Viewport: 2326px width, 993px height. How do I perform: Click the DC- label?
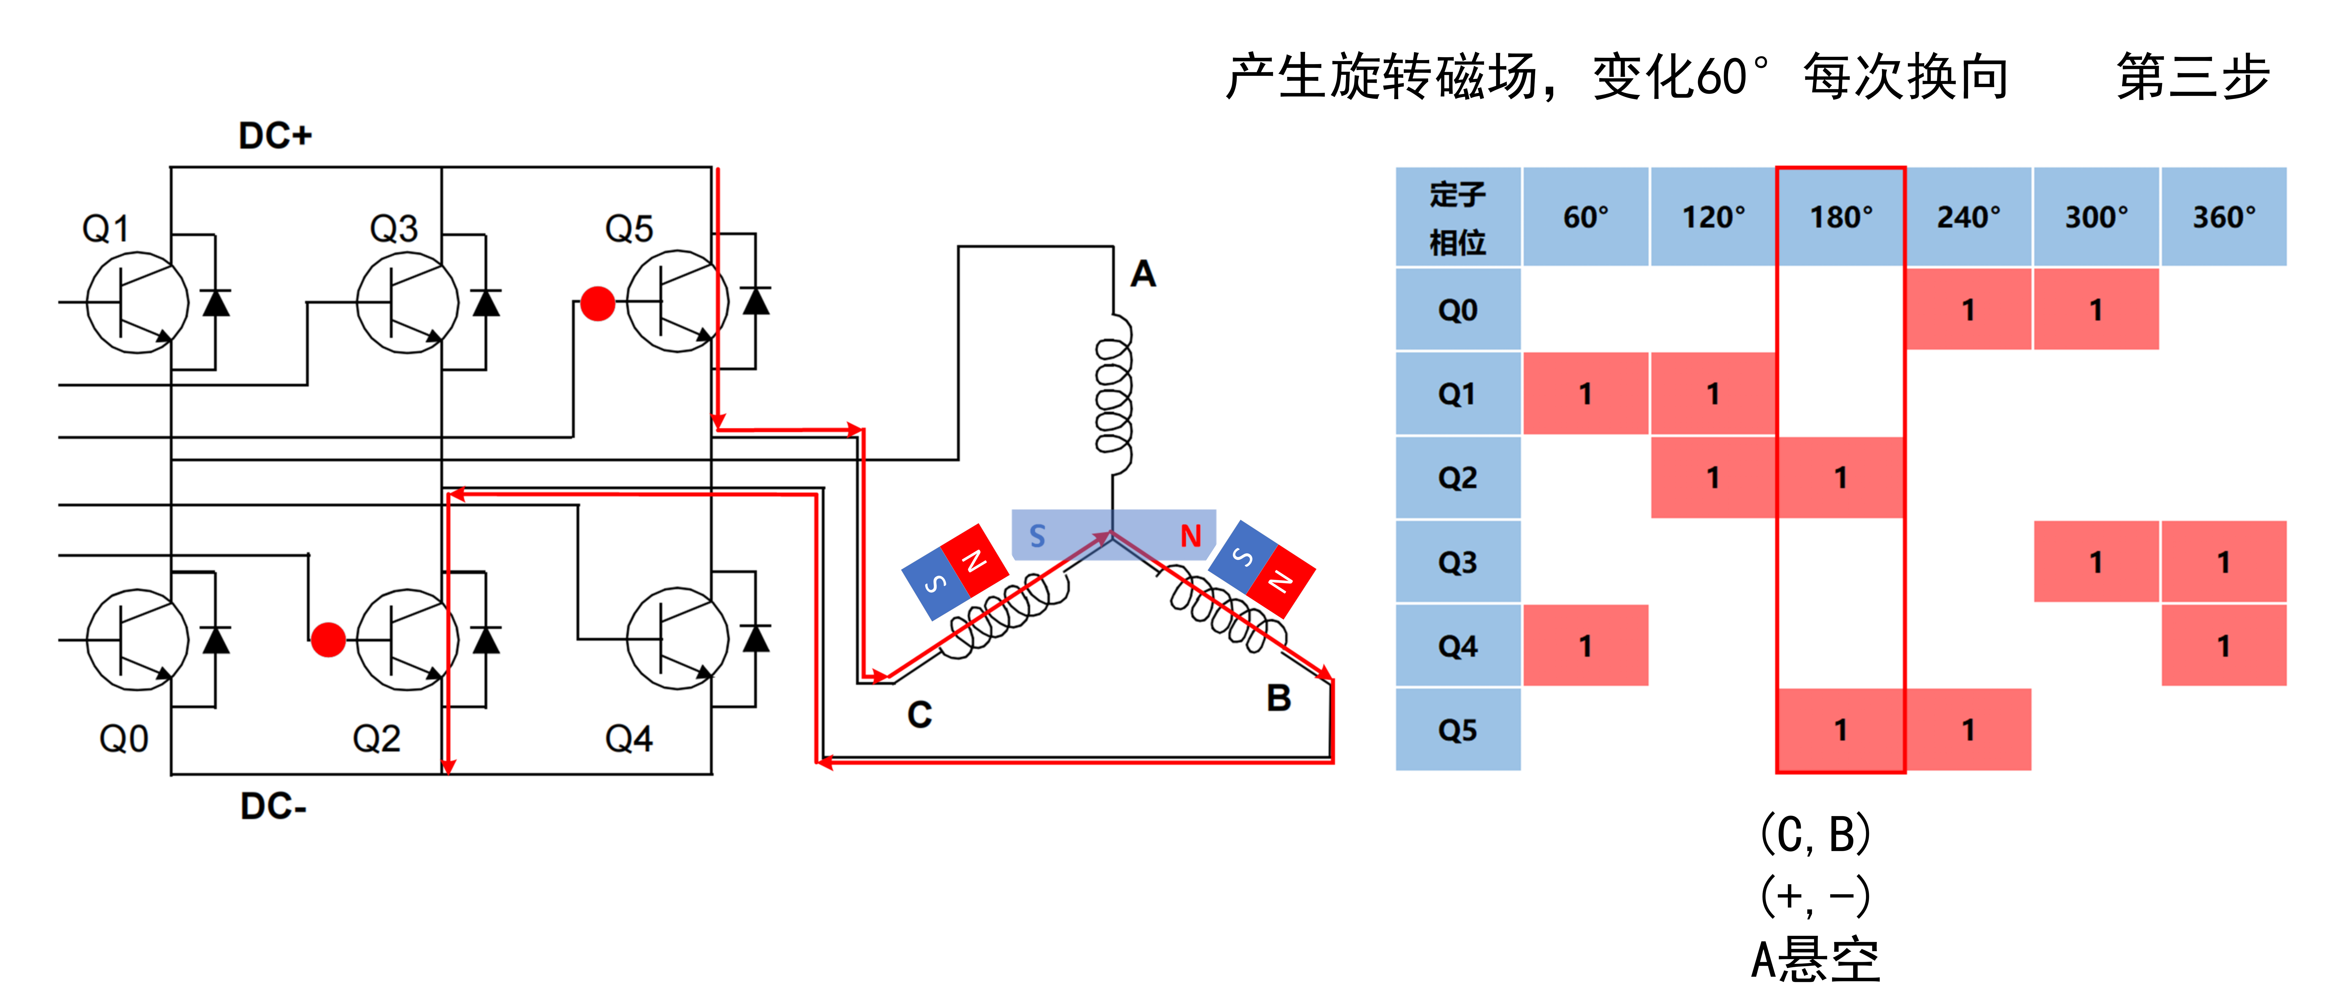pyautogui.click(x=273, y=805)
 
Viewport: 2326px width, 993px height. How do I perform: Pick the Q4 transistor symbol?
pyautogui.click(x=677, y=639)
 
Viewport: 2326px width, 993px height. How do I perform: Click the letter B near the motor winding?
pyautogui.click(x=1278, y=698)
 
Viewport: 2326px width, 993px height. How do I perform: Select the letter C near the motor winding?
pyautogui.click(x=919, y=715)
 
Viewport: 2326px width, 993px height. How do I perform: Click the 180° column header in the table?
pyautogui.click(x=1840, y=217)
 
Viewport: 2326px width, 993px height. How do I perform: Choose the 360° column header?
pyautogui.click(x=2223, y=217)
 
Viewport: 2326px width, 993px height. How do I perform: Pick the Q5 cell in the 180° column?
pyautogui.click(x=1840, y=729)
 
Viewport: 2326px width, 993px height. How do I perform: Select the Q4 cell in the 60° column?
pyautogui.click(x=1585, y=645)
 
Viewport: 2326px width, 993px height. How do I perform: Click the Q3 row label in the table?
pyautogui.click(x=1457, y=561)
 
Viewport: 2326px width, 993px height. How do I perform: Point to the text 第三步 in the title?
pyautogui.click(x=2192, y=77)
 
